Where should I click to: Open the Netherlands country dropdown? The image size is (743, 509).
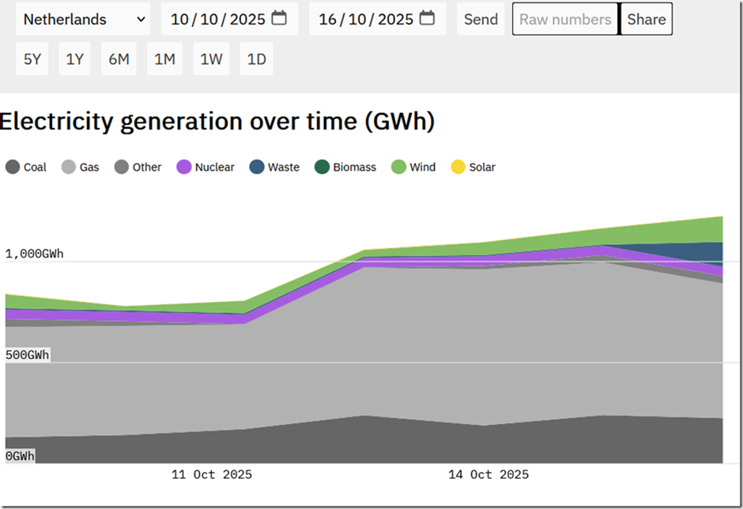pyautogui.click(x=83, y=19)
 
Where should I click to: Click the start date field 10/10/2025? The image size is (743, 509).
pyautogui.click(x=229, y=19)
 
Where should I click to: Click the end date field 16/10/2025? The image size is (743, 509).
pyautogui.click(x=377, y=19)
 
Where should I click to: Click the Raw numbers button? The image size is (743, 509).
pyautogui.click(x=565, y=19)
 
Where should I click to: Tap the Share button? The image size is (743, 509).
pyautogui.click(x=647, y=19)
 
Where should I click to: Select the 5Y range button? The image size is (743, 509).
pyautogui.click(x=32, y=58)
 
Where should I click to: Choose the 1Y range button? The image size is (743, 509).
pyautogui.click(x=74, y=58)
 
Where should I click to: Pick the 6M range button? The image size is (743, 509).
pyautogui.click(x=119, y=58)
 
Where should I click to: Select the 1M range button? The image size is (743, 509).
pyautogui.click(x=164, y=58)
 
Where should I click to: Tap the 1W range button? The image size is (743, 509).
pyautogui.click(x=211, y=58)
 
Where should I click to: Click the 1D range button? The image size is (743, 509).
pyautogui.click(x=256, y=58)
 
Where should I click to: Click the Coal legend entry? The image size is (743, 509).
pyautogui.click(x=26, y=167)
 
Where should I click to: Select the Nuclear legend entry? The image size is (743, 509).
pyautogui.click(x=206, y=167)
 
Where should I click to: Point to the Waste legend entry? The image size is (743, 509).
pyautogui.click(x=274, y=167)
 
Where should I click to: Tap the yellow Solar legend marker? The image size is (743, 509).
pyautogui.click(x=458, y=167)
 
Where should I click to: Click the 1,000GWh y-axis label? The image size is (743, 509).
pyautogui.click(x=34, y=254)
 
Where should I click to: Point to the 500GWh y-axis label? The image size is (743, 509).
pyautogui.click(x=27, y=355)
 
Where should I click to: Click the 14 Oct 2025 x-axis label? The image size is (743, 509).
pyautogui.click(x=488, y=474)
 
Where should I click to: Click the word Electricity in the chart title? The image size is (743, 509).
pyautogui.click(x=56, y=122)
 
